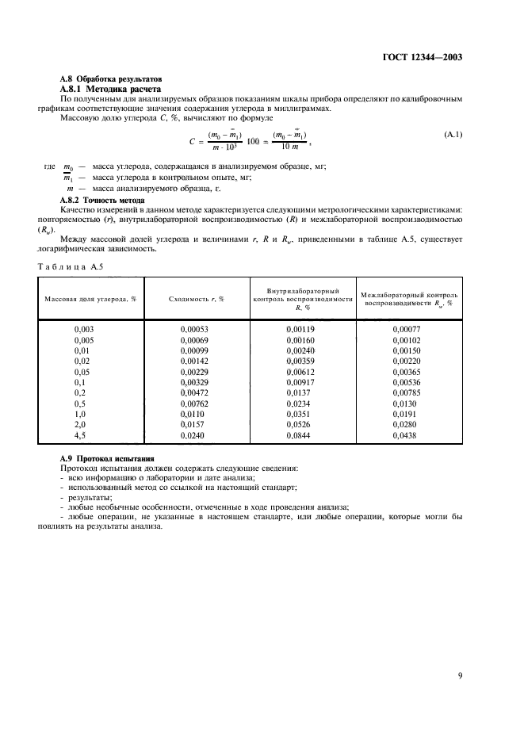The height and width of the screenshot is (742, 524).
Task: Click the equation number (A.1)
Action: click(453, 135)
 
